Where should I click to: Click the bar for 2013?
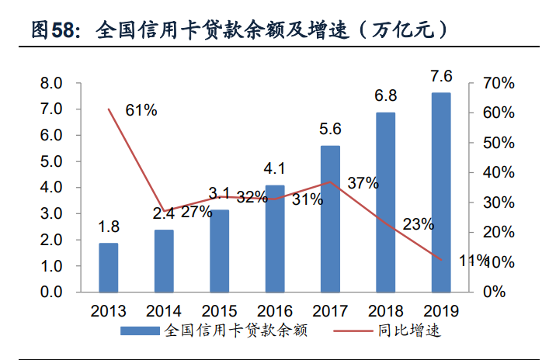coord(108,267)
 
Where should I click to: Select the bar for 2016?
coord(275,238)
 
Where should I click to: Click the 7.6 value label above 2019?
coord(441,77)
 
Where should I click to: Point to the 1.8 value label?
coord(108,227)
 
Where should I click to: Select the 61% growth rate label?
coord(141,111)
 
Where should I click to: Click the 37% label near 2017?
coord(363,184)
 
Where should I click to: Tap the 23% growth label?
coord(418,224)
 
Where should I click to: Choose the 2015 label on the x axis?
coord(219,311)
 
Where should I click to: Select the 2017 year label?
coord(330,311)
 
